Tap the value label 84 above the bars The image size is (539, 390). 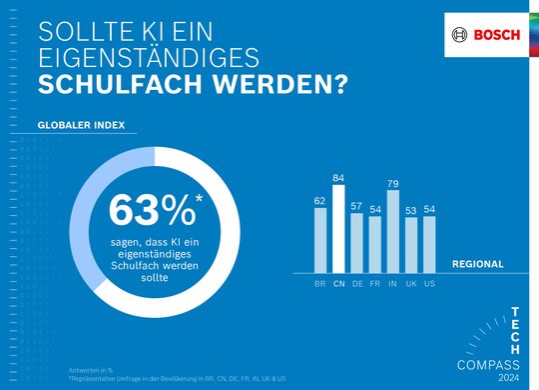(338, 178)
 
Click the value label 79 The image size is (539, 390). (392, 183)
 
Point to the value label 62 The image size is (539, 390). (320, 200)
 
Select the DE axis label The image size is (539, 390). (356, 284)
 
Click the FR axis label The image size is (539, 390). (374, 284)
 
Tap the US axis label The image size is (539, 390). (428, 284)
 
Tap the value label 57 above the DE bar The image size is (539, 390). (356, 205)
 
